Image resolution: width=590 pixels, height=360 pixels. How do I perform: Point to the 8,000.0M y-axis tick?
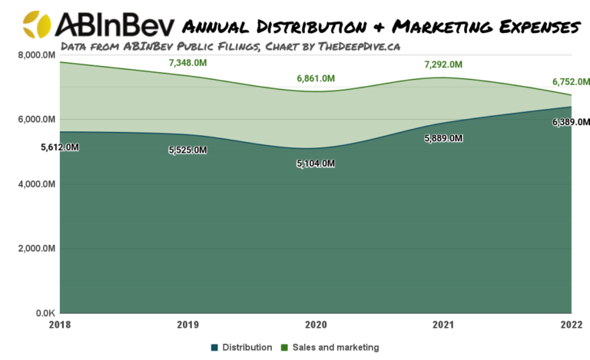(x=33, y=55)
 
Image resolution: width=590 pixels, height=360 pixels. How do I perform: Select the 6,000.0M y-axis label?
(x=33, y=120)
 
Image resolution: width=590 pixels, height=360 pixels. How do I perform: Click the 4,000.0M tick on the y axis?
(x=33, y=184)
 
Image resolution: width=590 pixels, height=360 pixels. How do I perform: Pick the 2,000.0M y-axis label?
(x=33, y=249)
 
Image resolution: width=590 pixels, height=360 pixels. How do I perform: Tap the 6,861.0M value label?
(x=316, y=78)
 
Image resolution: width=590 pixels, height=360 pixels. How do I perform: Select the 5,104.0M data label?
(x=316, y=163)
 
